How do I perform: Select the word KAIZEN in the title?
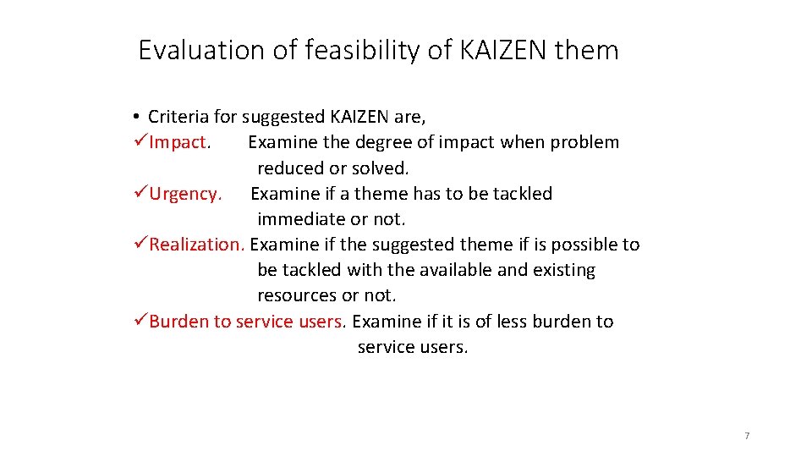[502, 51]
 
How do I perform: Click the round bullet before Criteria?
[135, 117]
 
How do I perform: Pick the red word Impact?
[178, 142]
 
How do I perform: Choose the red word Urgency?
[184, 194]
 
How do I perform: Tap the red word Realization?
[196, 245]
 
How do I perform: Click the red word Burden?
[179, 322]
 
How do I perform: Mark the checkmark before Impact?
[141, 142]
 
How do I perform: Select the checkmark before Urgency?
[141, 194]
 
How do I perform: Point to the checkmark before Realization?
[141, 245]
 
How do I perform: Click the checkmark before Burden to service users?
[141, 322]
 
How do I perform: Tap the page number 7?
[747, 436]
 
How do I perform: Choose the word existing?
[564, 271]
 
